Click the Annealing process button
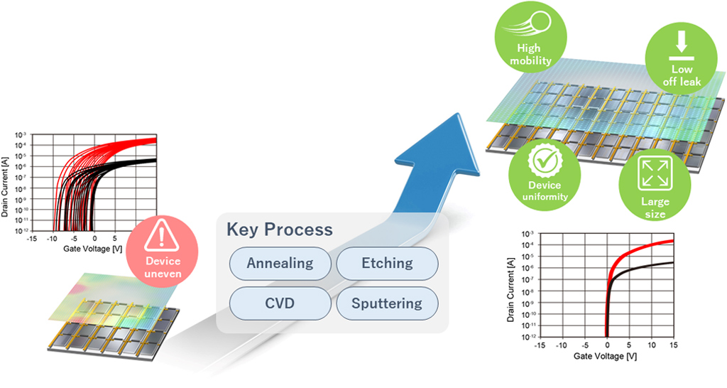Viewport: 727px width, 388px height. (x=280, y=263)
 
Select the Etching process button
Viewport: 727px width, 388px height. (x=387, y=263)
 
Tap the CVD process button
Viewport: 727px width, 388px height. (x=280, y=303)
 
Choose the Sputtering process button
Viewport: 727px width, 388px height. (x=387, y=303)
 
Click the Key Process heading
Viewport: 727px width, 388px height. (x=279, y=230)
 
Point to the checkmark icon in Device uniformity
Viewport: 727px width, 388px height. (x=545, y=162)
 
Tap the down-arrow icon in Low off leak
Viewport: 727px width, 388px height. (x=682, y=42)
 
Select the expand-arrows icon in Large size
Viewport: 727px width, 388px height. (x=654, y=173)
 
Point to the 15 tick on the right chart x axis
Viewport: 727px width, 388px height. (x=672, y=345)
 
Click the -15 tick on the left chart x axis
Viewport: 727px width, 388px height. (x=31, y=239)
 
